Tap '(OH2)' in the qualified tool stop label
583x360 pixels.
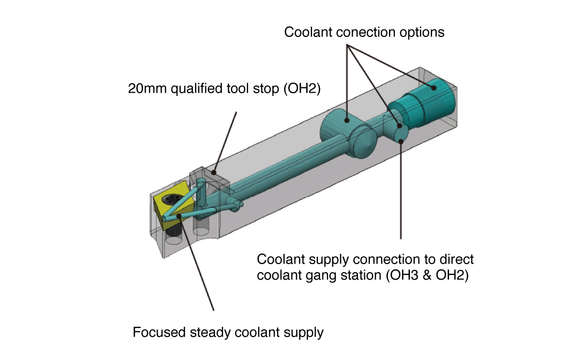coord(304,88)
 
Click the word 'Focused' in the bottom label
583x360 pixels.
coord(159,332)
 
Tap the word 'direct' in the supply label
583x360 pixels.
coord(457,260)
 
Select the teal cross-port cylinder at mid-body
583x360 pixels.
coord(343,129)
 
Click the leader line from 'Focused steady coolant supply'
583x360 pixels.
coord(198,268)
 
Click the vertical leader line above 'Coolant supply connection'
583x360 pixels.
coord(401,193)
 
